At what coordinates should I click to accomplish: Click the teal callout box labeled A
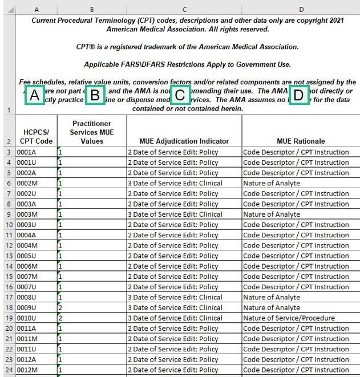click(35, 95)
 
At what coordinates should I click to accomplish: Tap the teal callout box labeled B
click(96, 95)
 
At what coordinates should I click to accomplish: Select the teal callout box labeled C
click(180, 95)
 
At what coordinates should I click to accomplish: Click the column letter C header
click(184, 9)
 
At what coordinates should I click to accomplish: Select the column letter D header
click(301, 9)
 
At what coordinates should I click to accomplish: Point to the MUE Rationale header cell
click(301, 141)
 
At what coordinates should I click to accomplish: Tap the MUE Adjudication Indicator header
click(184, 141)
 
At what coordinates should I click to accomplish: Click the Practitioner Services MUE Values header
click(92, 132)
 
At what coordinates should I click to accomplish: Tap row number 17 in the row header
click(9, 297)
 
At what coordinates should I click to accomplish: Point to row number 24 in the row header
click(9, 370)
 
